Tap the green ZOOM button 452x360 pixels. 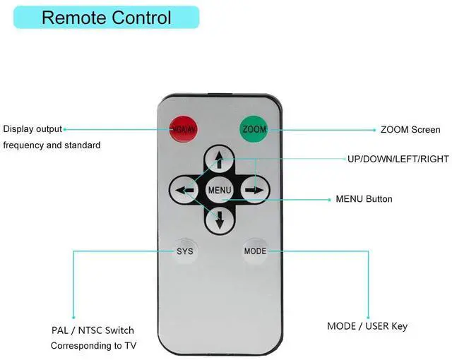tap(254, 129)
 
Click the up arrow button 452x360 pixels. tap(220, 160)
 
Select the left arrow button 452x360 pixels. tap(186, 190)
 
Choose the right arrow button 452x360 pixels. tap(253, 190)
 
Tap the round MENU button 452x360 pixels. tap(220, 190)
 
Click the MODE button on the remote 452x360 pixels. tap(255, 251)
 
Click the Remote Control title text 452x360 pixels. tap(107, 18)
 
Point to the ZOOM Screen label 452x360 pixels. tap(410, 130)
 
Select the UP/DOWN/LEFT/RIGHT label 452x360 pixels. tap(398, 160)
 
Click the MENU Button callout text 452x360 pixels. tap(364, 199)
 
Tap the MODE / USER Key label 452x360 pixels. tap(367, 326)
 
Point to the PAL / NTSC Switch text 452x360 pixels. tap(93, 330)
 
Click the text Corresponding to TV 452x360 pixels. tap(93, 346)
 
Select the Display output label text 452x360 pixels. tap(32, 129)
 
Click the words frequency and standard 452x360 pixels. tap(52, 145)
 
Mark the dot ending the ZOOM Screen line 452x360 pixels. tap(374, 130)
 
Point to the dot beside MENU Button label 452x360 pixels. tap(329, 199)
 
